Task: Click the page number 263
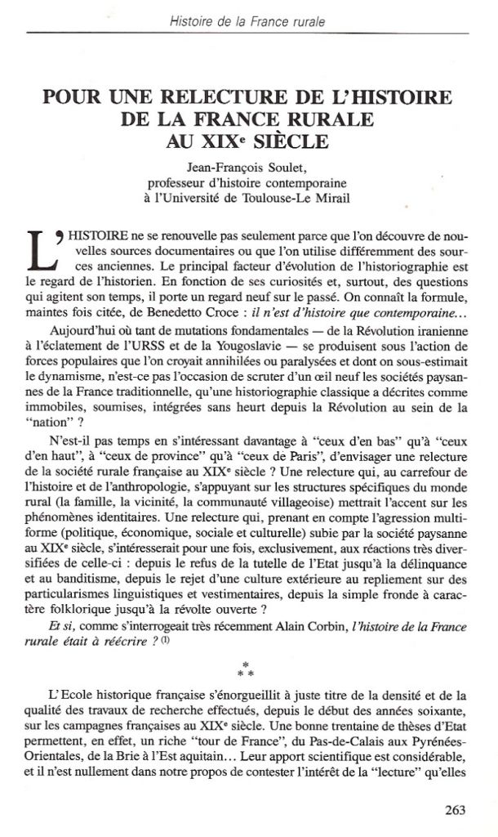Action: tap(456, 810)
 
